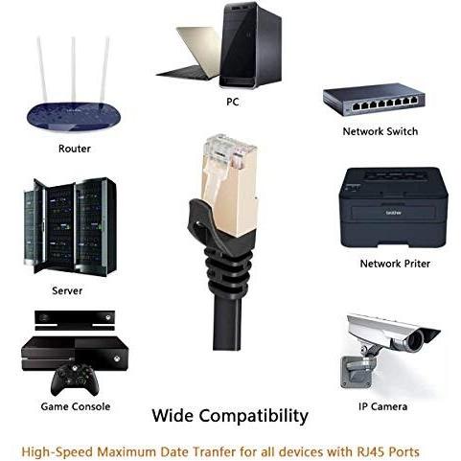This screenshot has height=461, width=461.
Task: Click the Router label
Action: click(x=75, y=149)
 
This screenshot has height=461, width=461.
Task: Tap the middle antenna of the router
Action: click(x=74, y=69)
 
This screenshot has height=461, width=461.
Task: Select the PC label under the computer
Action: click(x=233, y=102)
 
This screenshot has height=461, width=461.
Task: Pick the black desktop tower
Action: click(x=251, y=45)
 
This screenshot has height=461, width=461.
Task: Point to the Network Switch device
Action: click(x=374, y=99)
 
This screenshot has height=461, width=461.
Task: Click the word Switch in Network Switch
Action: click(x=402, y=131)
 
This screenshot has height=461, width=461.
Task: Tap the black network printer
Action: click(x=393, y=207)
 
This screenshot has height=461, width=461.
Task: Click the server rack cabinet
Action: click(x=70, y=226)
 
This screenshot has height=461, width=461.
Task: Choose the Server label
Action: click(x=67, y=290)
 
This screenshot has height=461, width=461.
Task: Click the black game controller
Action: click(x=75, y=380)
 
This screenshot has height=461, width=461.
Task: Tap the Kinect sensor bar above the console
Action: click(x=75, y=320)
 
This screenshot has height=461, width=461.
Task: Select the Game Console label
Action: click(x=76, y=406)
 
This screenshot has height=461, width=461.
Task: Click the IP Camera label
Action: click(x=382, y=406)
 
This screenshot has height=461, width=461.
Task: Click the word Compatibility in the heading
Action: click(x=254, y=416)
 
